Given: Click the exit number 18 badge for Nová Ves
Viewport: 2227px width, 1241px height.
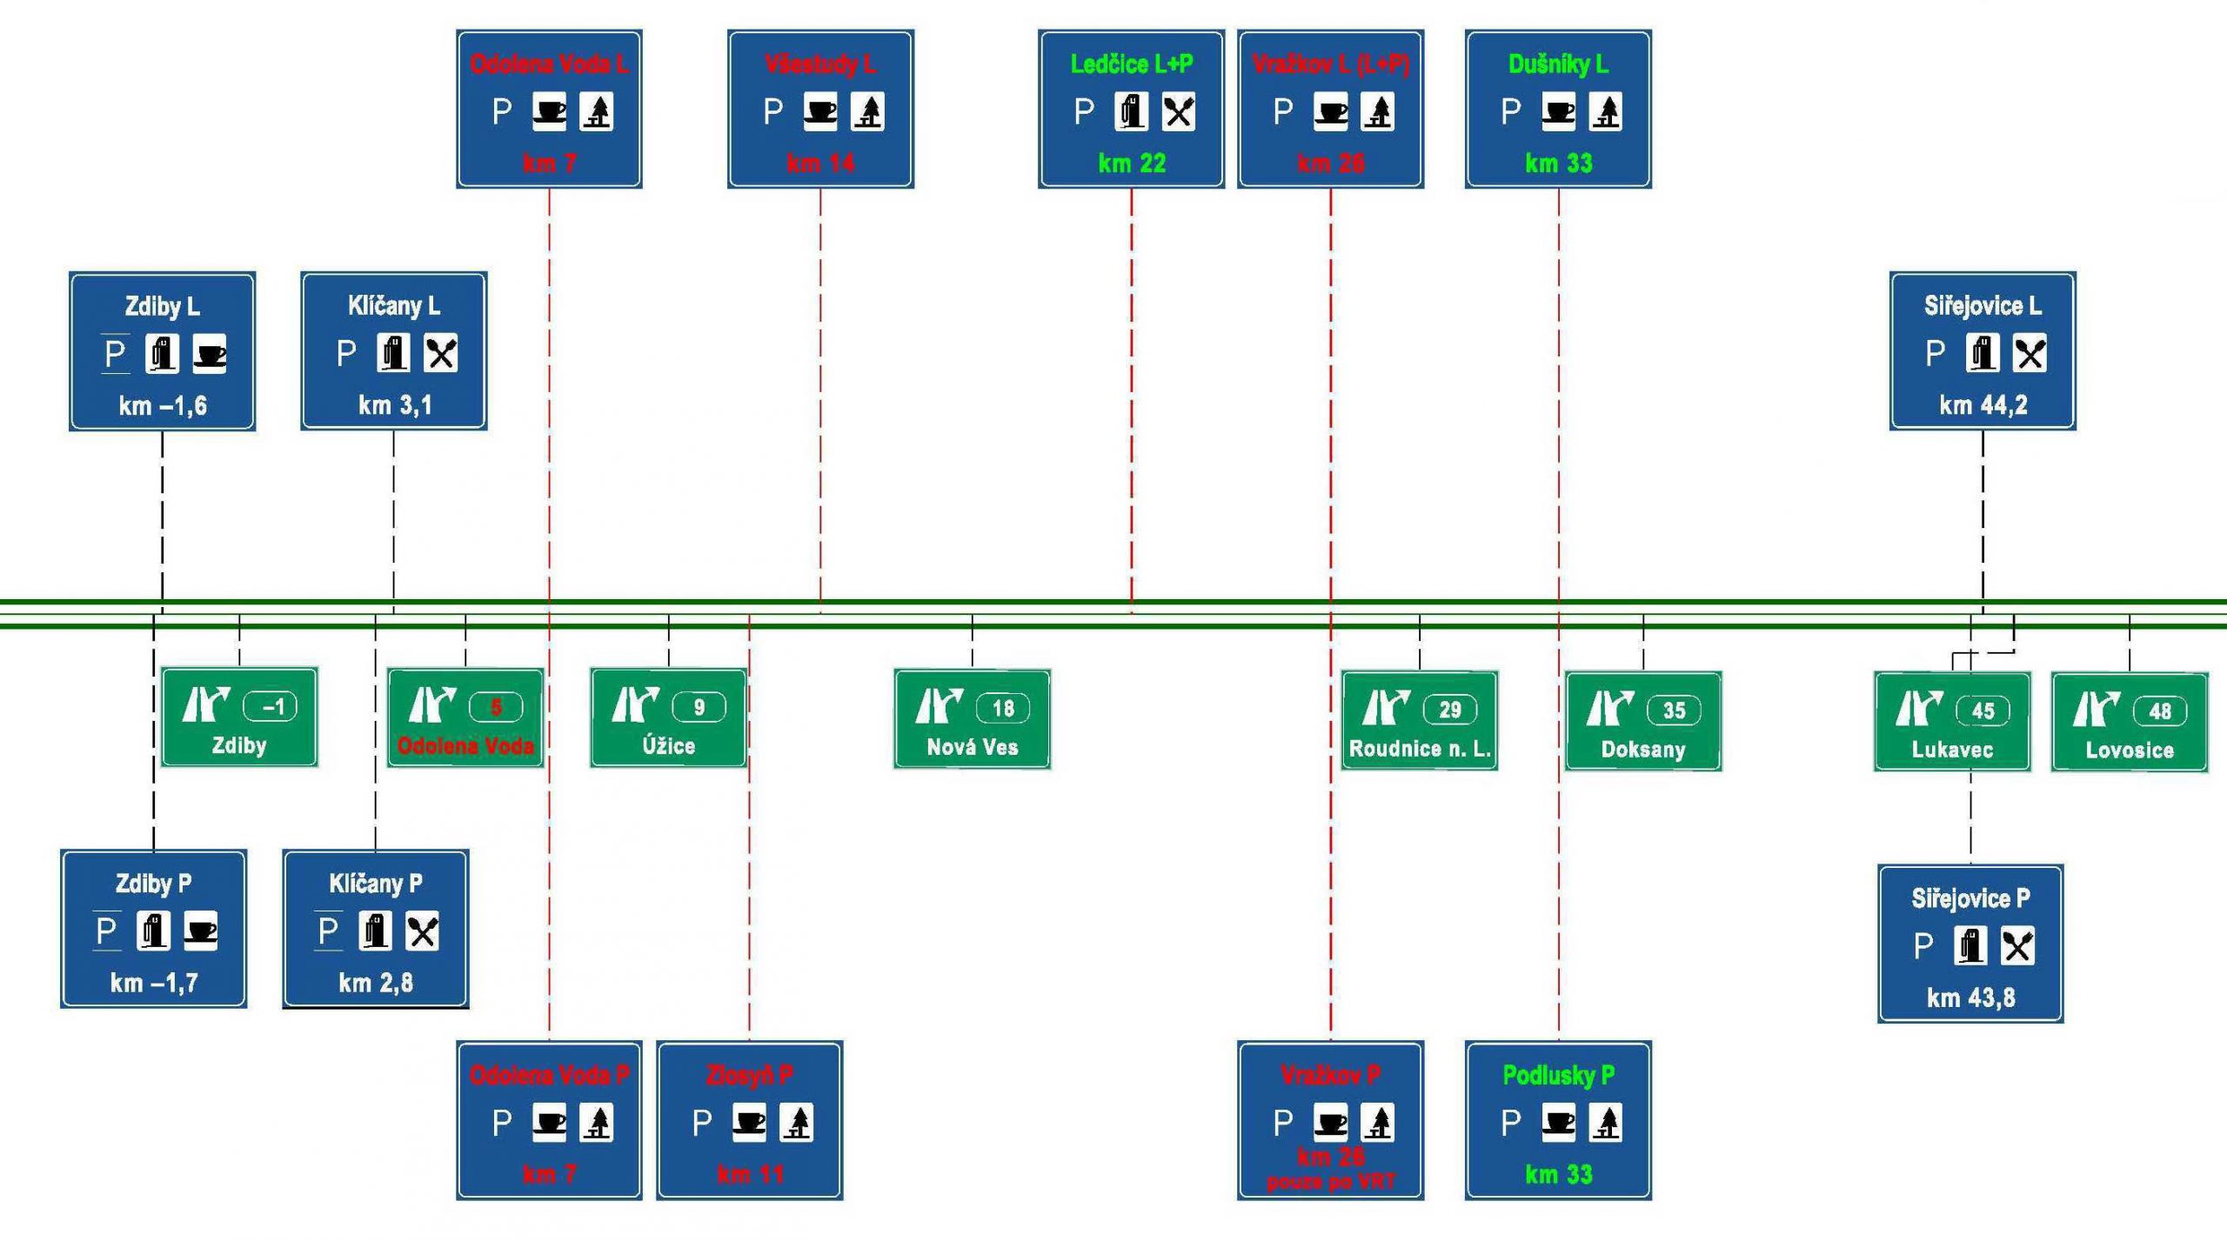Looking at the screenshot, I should (x=1002, y=709).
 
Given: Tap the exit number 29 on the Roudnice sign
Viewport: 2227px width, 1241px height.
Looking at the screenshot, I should (x=1449, y=710).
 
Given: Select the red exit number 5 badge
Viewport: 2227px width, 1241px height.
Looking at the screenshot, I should (x=496, y=707).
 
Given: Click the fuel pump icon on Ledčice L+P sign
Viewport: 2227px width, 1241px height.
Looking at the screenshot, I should (x=1131, y=112).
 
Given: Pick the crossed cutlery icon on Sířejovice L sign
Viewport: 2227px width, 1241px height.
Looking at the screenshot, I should (x=2030, y=354).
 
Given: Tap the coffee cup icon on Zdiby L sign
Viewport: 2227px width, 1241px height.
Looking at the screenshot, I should (x=209, y=354).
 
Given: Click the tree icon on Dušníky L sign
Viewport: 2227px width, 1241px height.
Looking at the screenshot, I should (x=1605, y=112).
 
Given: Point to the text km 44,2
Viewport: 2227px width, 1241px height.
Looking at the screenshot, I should (x=1983, y=405).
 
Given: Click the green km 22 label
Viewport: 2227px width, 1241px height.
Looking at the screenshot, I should (x=1131, y=163).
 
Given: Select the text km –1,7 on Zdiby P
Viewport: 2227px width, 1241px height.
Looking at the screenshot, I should (x=154, y=983).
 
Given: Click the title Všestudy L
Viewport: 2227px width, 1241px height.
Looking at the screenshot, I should (x=820, y=63).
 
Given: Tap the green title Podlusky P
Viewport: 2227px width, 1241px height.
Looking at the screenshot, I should (x=1558, y=1075).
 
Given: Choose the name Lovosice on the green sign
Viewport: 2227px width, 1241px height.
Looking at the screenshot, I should (x=2129, y=750).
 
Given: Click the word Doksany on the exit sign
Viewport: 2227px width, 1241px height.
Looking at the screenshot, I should (x=1642, y=749).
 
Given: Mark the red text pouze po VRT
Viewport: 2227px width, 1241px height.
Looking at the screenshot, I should (x=1330, y=1182).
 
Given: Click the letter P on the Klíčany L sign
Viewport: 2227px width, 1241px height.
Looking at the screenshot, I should (x=346, y=354).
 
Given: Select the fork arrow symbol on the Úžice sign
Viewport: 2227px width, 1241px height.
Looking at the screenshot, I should (x=634, y=705).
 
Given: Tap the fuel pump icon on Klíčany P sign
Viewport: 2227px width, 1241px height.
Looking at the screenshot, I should (x=375, y=931).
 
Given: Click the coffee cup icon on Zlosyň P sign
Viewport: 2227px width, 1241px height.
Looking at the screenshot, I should (x=749, y=1123).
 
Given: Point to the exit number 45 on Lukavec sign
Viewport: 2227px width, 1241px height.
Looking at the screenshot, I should (x=1983, y=711).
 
